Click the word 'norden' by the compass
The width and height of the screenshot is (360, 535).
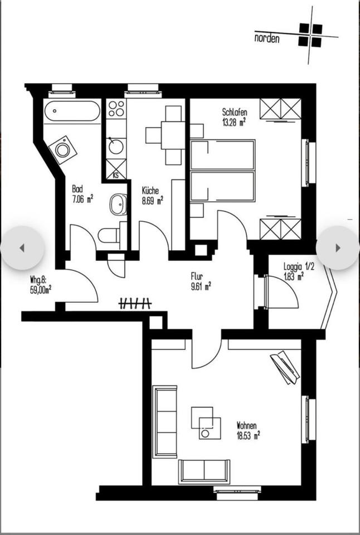click(x=267, y=39)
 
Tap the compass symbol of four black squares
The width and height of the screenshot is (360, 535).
click(x=310, y=35)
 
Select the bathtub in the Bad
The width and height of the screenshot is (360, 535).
click(x=72, y=111)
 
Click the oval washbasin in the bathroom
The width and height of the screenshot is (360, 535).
click(x=118, y=205)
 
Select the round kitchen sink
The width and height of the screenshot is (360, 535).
click(x=116, y=147)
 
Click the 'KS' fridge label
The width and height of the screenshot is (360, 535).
click(x=116, y=175)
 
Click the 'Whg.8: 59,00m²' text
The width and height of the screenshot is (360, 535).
click(x=41, y=285)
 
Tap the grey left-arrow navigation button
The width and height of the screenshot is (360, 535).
click(x=22, y=248)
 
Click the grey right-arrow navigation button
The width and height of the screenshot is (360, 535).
click(x=337, y=248)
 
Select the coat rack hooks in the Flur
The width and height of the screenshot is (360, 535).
click(x=135, y=303)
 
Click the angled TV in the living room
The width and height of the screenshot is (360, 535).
click(x=285, y=366)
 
